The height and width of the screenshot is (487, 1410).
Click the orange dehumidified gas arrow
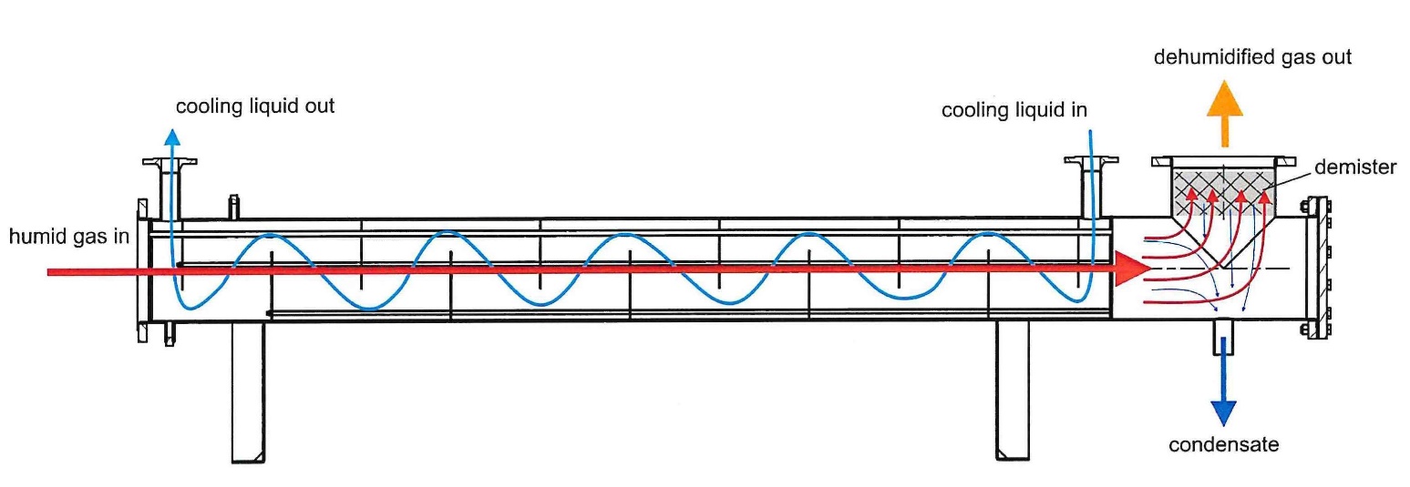click(x=1224, y=113)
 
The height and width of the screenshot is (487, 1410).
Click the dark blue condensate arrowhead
click(x=1224, y=413)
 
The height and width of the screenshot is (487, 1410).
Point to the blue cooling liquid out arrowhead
click(x=172, y=137)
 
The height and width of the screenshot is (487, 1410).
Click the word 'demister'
click(x=1355, y=167)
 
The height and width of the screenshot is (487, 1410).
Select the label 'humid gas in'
click(x=68, y=237)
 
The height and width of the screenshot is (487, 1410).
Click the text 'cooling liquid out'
click(x=255, y=107)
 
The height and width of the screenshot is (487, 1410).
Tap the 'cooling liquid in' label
click(x=1014, y=110)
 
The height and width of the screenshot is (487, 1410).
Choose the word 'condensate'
click(x=1224, y=445)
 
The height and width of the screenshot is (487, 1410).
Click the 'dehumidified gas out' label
click(x=1252, y=57)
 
